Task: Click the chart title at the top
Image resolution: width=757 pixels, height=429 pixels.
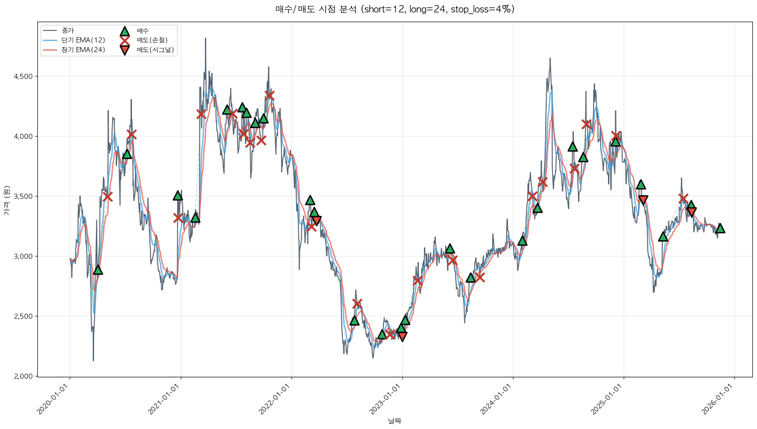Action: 394,9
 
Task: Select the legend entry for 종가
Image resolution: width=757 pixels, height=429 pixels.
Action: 68,31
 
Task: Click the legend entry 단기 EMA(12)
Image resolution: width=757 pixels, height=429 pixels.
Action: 83,40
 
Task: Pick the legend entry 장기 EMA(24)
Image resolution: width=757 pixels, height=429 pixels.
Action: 83,50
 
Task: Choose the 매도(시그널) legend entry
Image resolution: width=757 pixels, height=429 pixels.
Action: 155,50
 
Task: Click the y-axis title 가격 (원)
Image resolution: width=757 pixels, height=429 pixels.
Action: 6,200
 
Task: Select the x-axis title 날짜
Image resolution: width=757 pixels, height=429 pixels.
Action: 394,421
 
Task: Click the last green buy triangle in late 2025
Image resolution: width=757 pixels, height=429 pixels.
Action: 720,228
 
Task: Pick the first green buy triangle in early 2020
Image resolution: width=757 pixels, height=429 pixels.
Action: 98,270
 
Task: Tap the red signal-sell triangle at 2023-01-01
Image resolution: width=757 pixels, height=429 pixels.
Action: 402,336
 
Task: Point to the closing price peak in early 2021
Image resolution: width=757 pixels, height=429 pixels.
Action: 205,39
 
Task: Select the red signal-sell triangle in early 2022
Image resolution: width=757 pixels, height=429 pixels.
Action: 316,220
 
